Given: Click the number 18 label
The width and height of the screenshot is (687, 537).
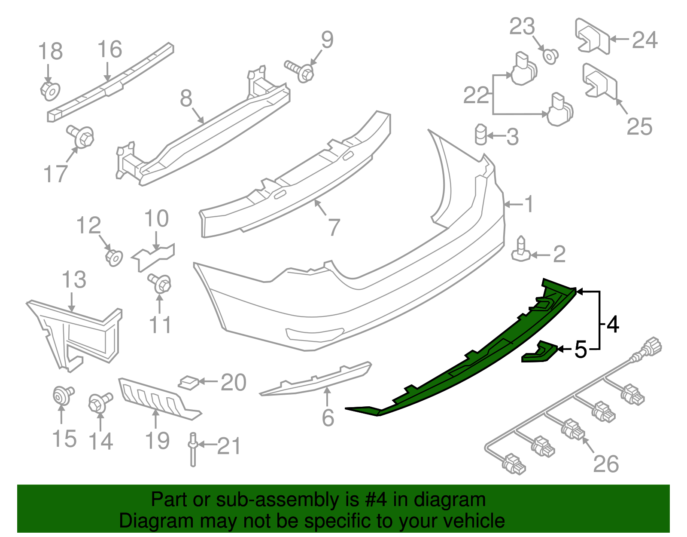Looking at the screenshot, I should pyautogui.click(x=50, y=52).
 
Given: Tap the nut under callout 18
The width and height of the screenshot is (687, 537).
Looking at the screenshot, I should pyautogui.click(x=50, y=91).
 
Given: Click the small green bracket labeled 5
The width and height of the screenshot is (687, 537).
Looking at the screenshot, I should pyautogui.click(x=539, y=352).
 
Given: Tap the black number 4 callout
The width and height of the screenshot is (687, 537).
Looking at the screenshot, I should pyautogui.click(x=613, y=324).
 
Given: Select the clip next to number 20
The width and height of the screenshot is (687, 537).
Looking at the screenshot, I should pyautogui.click(x=189, y=382).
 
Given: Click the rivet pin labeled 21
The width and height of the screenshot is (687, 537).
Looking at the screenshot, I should pyautogui.click(x=193, y=449).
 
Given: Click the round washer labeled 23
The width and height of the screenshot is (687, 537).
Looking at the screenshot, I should pyautogui.click(x=550, y=56).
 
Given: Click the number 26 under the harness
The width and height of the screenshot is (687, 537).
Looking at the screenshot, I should pyautogui.click(x=606, y=464).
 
